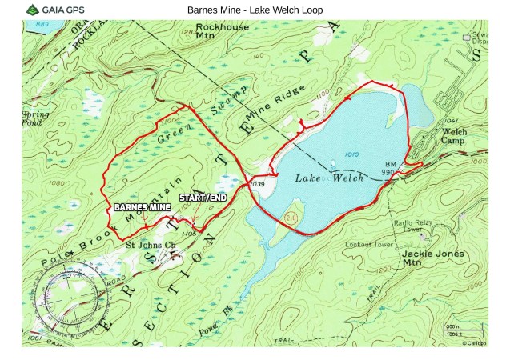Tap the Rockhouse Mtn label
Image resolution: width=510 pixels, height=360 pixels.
[x=222, y=31]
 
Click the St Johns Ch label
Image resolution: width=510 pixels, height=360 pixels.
[x=151, y=243]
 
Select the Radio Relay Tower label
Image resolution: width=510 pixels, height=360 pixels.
[x=412, y=226]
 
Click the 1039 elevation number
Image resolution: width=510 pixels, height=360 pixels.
[x=257, y=184]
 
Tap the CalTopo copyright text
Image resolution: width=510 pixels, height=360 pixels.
[x=473, y=342]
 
